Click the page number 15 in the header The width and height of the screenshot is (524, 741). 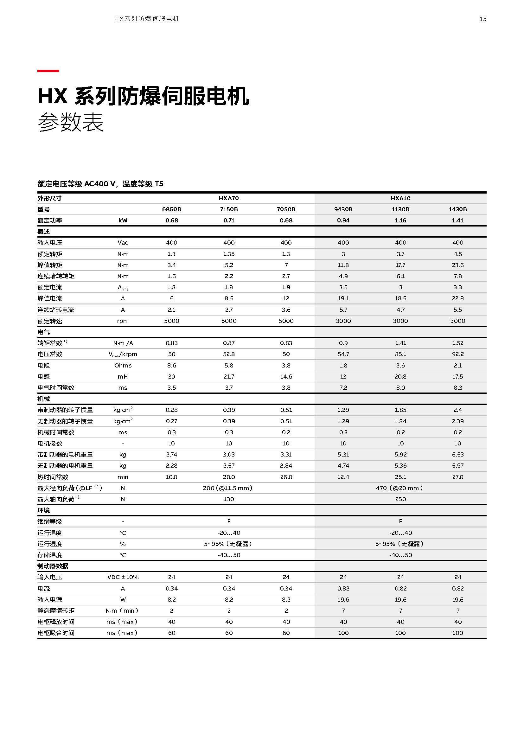pyautogui.click(x=483, y=19)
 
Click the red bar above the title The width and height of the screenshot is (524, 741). pyautogui.click(x=48, y=71)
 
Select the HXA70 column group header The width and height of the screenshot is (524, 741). pyautogui.click(x=229, y=198)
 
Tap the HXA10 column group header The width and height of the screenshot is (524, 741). pyautogui.click(x=400, y=198)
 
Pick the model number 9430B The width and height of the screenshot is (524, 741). pyautogui.click(x=343, y=209)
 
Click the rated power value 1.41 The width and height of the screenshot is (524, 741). pyautogui.click(x=457, y=220)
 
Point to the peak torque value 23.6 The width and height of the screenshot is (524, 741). pyautogui.click(x=457, y=265)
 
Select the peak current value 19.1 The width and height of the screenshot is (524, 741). pyautogui.click(x=343, y=298)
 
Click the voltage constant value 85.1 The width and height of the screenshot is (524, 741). pyautogui.click(x=400, y=354)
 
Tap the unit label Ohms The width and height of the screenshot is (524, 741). pyautogui.click(x=123, y=365)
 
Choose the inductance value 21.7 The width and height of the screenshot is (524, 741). pyautogui.click(x=229, y=377)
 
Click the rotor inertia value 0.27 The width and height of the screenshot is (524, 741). pyautogui.click(x=171, y=421)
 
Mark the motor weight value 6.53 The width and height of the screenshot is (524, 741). pyautogui.click(x=457, y=454)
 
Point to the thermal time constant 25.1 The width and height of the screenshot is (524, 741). pyautogui.click(x=400, y=477)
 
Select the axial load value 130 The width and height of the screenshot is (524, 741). pyautogui.click(x=229, y=499)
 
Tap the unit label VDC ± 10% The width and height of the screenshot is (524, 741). pyautogui.click(x=123, y=577)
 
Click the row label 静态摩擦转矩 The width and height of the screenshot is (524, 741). pyautogui.click(x=56, y=610)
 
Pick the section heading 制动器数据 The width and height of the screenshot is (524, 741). pyautogui.click(x=53, y=566)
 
